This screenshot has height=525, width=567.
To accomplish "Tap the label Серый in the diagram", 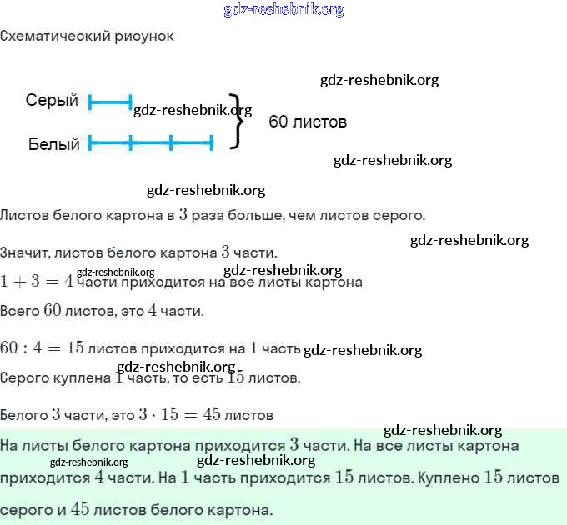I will pos(52,101).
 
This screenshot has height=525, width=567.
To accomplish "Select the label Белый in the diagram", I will pos(54,144).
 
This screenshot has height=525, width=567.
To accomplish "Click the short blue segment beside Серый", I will pos(110,102).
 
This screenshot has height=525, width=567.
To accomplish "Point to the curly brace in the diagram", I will pos(238,121).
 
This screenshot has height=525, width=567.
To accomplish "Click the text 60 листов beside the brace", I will pos(308,122).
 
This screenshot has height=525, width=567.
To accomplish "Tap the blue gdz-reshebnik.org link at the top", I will pos(283,10).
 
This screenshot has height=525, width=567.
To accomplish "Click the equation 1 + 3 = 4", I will pos(37,281).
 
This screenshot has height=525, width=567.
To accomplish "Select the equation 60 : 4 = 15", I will pos(43,347).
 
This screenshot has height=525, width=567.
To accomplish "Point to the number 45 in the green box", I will pos(80,508).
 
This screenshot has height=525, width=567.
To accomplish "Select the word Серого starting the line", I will pos(28,377).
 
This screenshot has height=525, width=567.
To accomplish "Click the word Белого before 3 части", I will pos(24,414).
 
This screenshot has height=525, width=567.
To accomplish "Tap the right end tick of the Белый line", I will pos(212,143).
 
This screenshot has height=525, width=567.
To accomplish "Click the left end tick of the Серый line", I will pos(90,102).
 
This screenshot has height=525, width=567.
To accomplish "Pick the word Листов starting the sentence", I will pos(25,215).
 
